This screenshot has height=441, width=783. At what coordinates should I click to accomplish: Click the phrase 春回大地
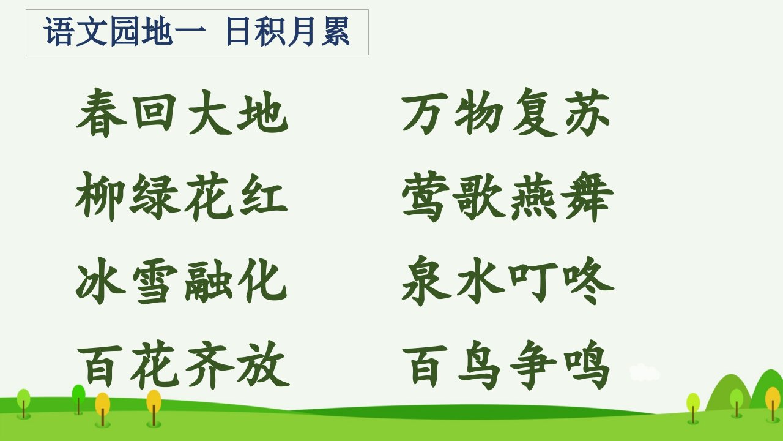click(182, 113)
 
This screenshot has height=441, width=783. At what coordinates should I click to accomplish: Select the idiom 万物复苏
click(506, 112)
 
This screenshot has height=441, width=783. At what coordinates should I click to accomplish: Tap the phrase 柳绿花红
click(182, 197)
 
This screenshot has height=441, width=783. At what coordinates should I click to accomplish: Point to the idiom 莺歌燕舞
click(508, 197)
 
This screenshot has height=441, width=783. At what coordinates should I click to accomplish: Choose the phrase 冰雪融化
click(182, 281)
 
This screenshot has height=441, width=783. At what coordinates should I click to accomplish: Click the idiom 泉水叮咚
click(508, 281)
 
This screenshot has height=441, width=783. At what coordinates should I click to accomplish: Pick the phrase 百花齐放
click(183, 364)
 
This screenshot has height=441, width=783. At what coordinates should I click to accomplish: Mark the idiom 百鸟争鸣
click(507, 364)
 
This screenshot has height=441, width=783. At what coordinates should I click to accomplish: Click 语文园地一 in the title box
click(124, 31)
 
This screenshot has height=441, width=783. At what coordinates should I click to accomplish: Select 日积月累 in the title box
click(288, 31)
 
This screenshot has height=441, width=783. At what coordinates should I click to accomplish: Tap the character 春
click(102, 113)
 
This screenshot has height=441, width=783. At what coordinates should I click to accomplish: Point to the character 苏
click(588, 112)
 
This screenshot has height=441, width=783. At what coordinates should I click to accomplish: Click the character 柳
click(100, 197)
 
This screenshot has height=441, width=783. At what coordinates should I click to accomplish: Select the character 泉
click(426, 281)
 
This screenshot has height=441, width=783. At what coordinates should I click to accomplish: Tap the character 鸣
click(587, 364)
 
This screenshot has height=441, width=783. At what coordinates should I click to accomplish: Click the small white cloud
click(645, 372)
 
